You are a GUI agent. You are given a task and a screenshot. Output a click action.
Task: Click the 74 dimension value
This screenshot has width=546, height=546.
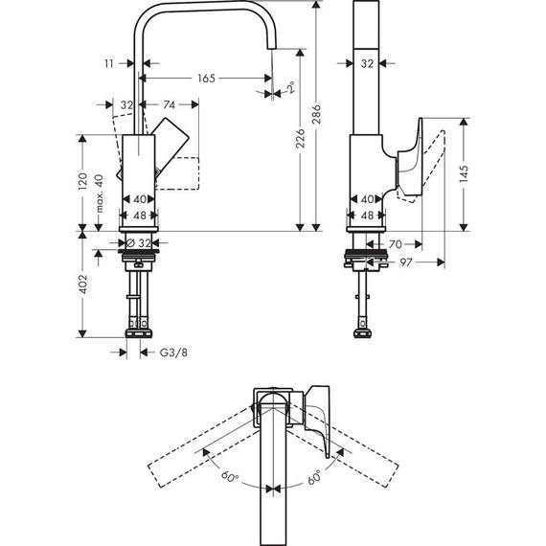point(168,104)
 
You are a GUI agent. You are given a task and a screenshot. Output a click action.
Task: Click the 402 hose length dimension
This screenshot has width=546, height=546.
point(83,284)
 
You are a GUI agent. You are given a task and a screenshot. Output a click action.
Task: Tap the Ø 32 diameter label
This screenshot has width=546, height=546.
point(140,243)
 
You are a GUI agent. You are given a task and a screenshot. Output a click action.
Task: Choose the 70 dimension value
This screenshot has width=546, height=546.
point(395,245)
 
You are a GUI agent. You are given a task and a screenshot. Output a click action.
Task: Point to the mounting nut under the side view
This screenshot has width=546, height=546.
point(367,258)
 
